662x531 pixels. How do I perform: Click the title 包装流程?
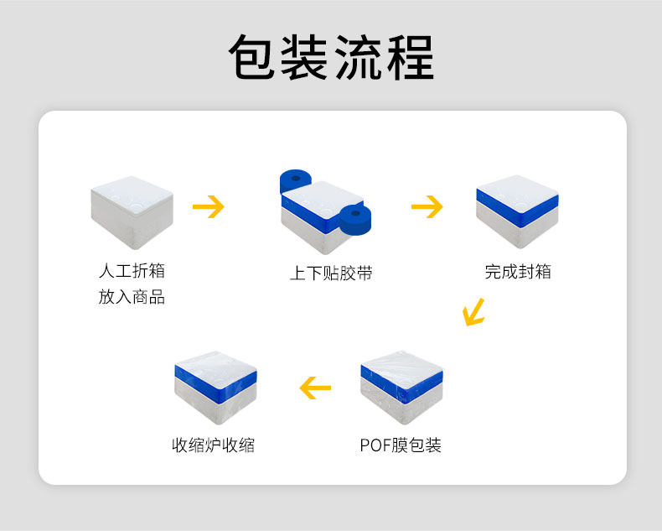331,58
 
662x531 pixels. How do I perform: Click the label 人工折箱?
132,271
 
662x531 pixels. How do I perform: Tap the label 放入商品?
132,297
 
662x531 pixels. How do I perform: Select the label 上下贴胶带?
331,273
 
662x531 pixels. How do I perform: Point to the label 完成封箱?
518,272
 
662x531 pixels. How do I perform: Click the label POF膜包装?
401,445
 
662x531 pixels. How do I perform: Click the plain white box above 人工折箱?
132,211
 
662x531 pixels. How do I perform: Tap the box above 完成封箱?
517,211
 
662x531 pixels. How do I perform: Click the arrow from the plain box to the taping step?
209,206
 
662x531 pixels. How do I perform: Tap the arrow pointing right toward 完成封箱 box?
427,206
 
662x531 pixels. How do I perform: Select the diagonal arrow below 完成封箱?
474,312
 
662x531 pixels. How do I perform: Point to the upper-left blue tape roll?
295,181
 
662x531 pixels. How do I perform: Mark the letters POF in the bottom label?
375,445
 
